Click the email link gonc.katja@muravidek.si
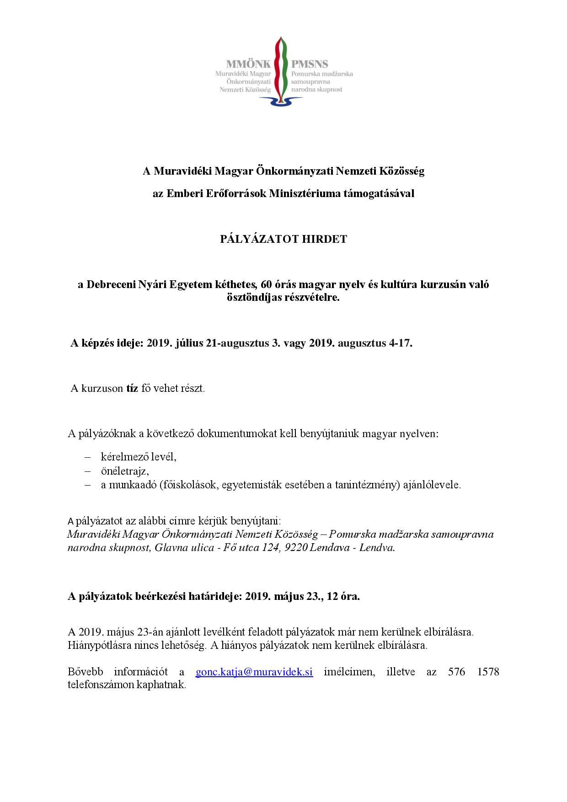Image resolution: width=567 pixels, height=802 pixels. click(x=254, y=672)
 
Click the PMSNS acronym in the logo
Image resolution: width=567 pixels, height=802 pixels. click(x=310, y=64)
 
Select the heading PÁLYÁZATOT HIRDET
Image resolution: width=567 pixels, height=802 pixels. click(x=283, y=239)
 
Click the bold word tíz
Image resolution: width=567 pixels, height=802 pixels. click(x=132, y=389)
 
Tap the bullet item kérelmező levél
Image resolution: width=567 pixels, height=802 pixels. click(x=139, y=457)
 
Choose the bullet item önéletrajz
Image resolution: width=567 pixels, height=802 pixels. click(x=125, y=471)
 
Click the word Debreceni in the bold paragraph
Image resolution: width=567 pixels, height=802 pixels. click(x=109, y=284)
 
